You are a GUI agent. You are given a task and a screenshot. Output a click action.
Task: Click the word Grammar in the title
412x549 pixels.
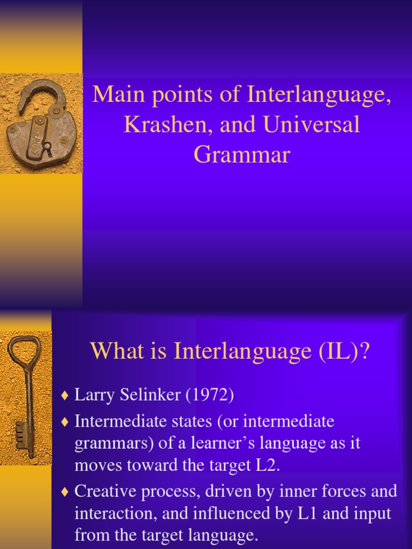[x=242, y=155]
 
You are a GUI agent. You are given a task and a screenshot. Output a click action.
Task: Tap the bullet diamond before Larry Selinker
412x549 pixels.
[x=65, y=396]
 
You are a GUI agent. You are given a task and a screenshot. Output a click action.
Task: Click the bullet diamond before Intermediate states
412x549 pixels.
[x=65, y=422]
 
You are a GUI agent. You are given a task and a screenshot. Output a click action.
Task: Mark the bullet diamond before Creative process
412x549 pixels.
[x=65, y=491]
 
